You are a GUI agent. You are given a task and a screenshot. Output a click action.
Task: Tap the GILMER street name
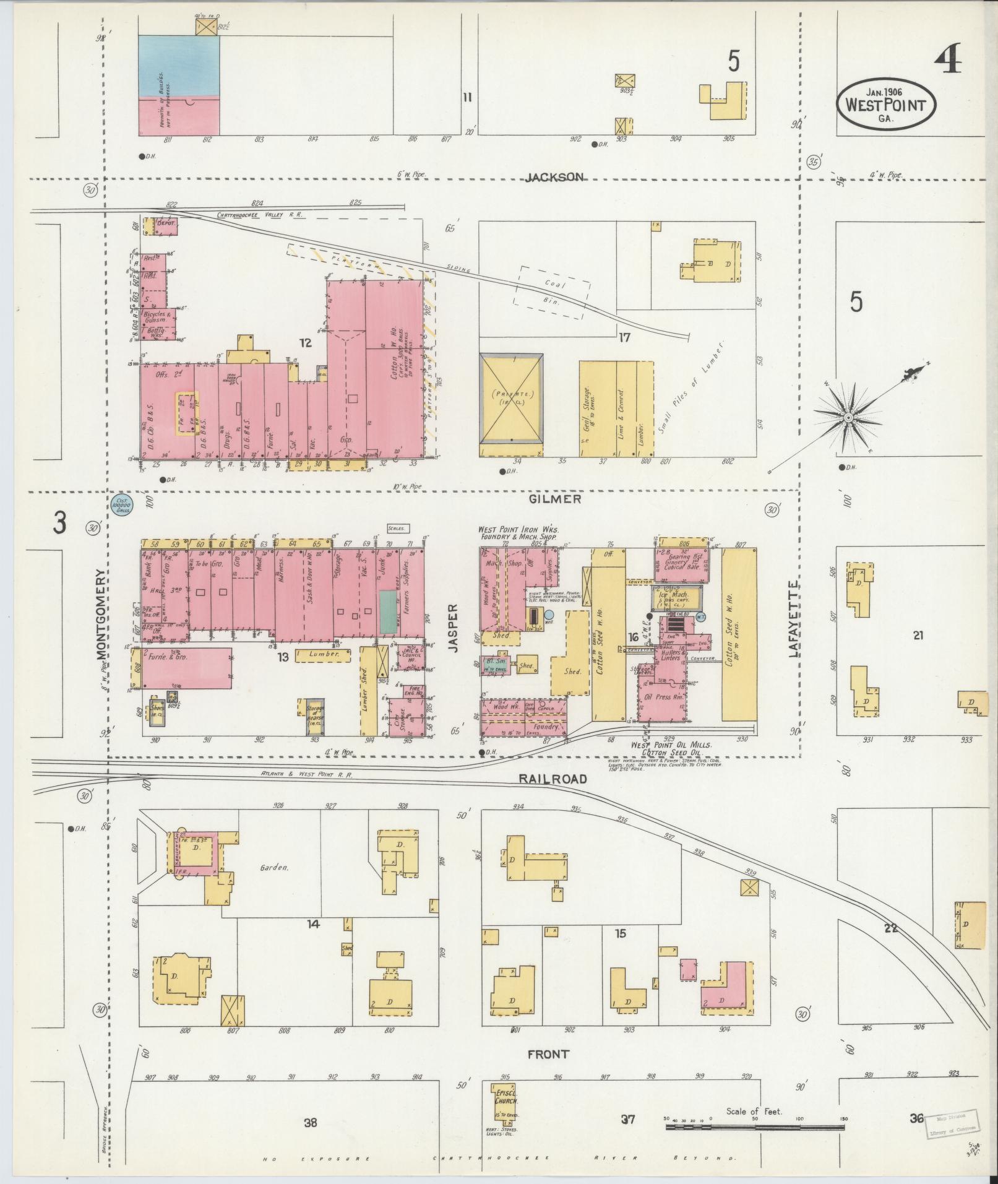[554, 499]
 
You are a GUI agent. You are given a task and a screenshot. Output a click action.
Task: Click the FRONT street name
[548, 1054]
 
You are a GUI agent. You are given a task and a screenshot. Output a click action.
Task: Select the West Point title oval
[885, 105]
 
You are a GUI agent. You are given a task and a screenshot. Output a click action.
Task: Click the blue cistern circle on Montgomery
[121, 505]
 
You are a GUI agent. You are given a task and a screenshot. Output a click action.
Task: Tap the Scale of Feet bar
[755, 1127]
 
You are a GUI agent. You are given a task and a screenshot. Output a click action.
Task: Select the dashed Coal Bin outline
[554, 293]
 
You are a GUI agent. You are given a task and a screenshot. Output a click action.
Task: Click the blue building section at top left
[178, 66]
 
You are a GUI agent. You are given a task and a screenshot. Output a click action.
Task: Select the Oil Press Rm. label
[663, 697]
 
